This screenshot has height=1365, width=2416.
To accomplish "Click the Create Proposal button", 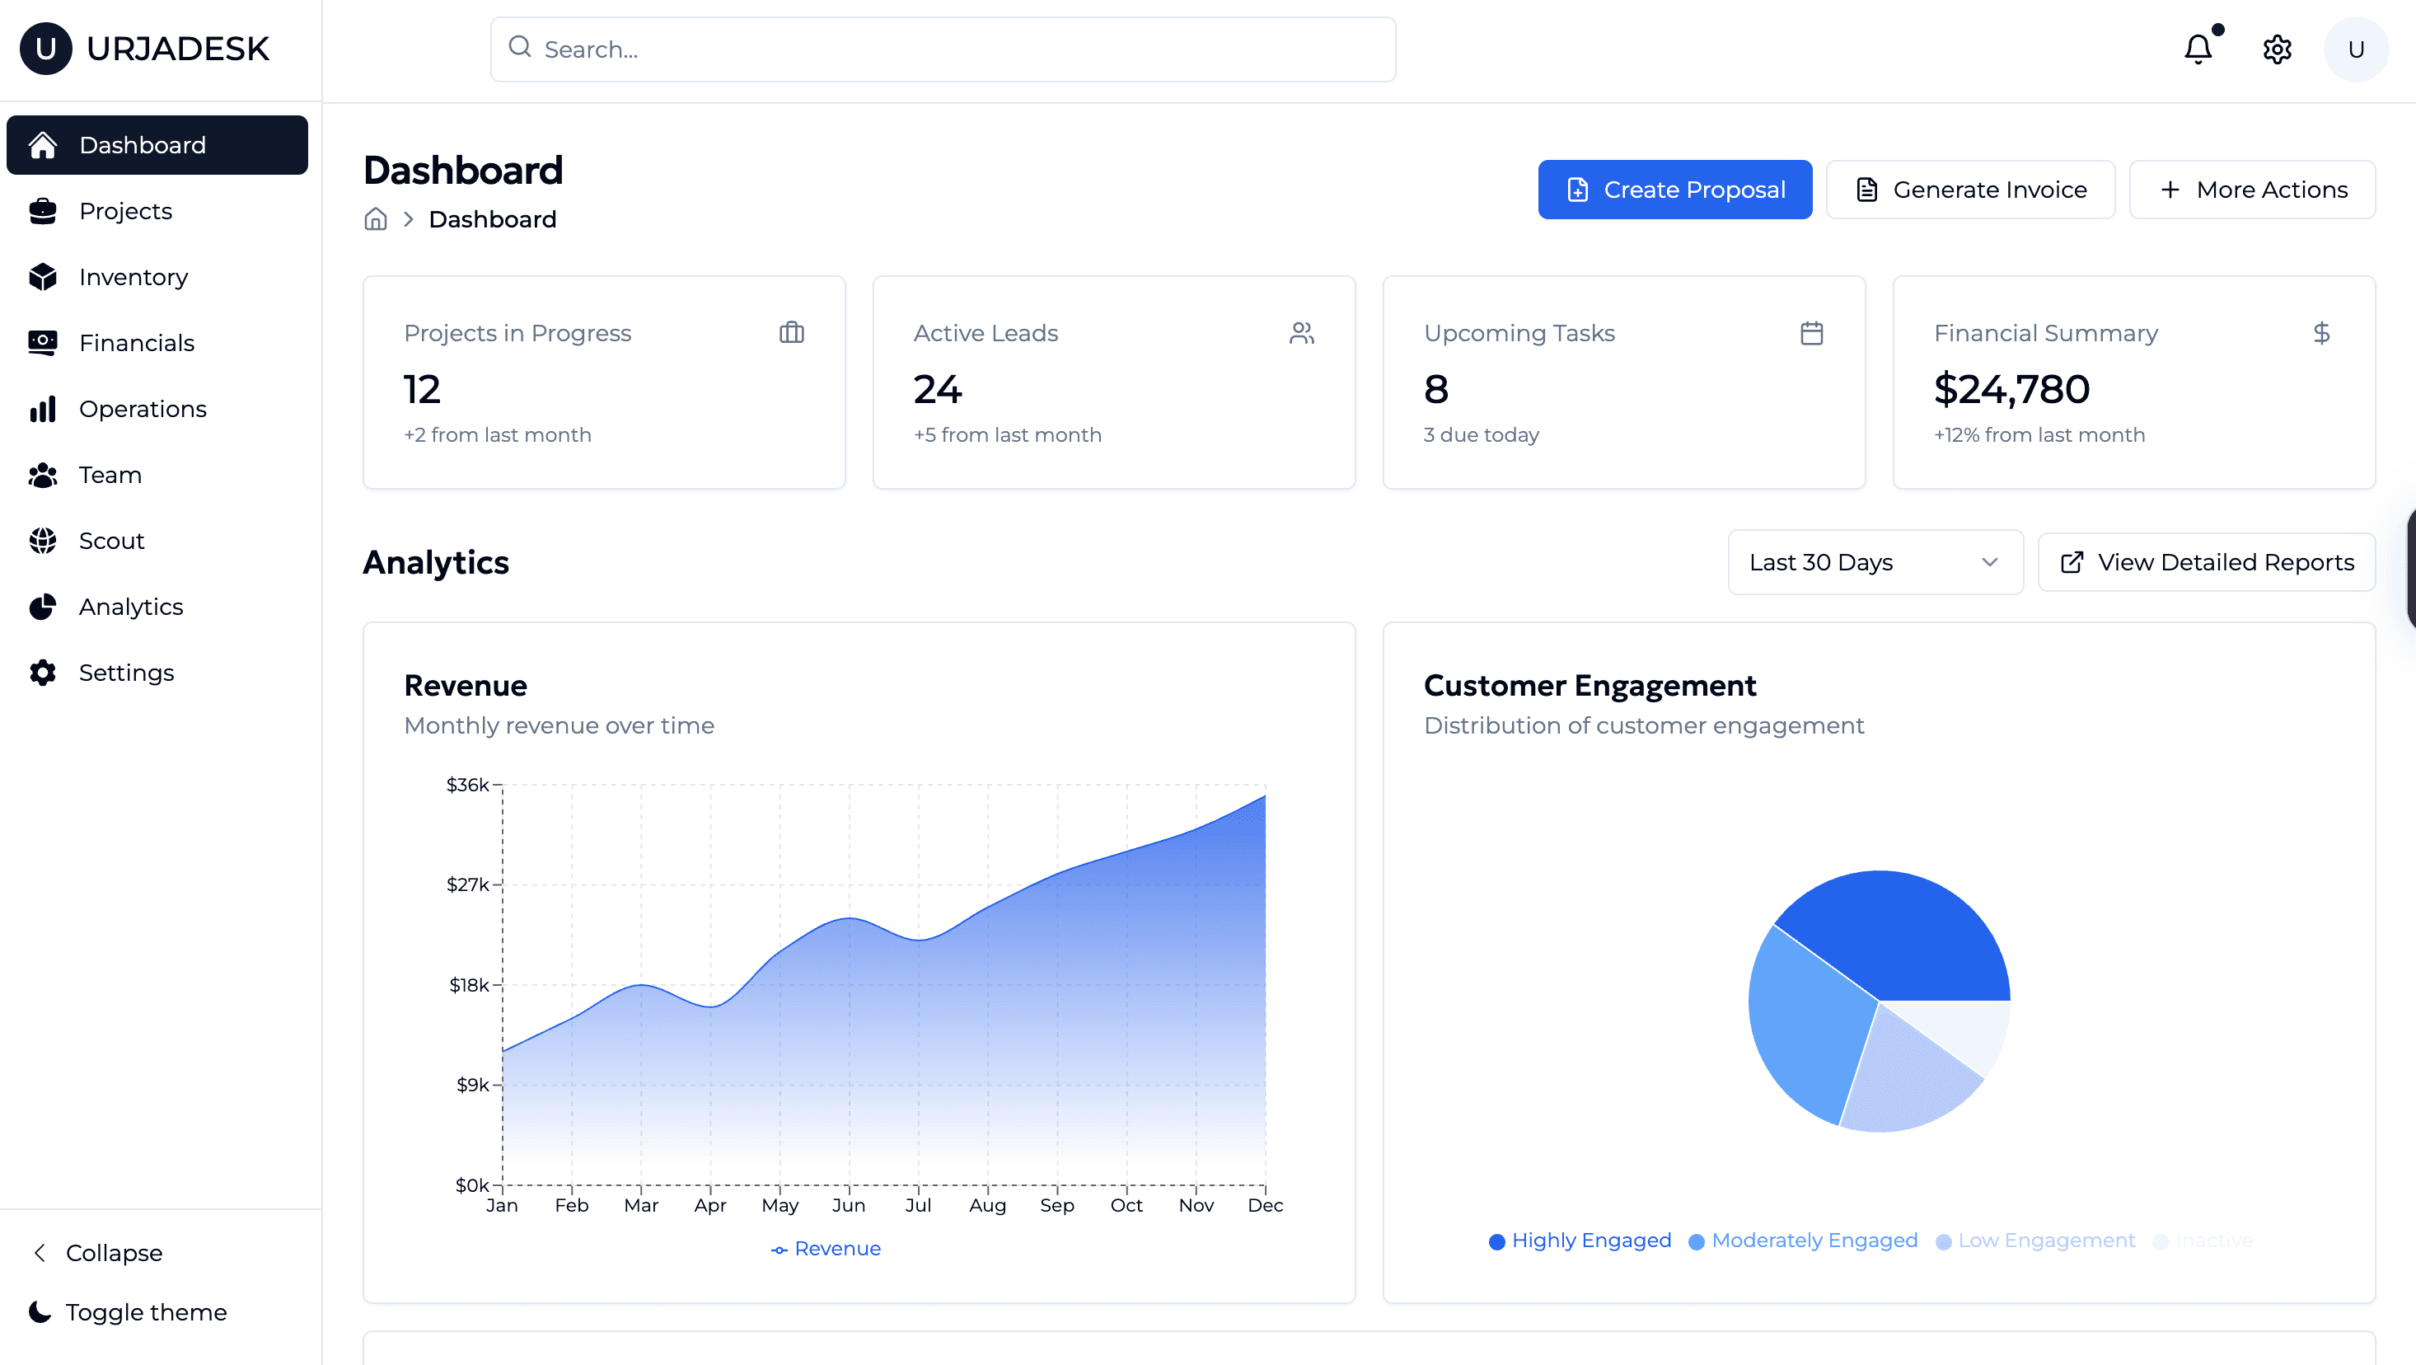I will click(x=1674, y=190).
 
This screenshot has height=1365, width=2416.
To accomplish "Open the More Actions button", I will click(x=2251, y=190).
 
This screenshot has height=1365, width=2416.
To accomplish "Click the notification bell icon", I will click(x=2198, y=49).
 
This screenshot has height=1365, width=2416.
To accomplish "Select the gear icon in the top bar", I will click(x=2276, y=49).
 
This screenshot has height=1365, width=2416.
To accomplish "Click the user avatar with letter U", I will click(x=2355, y=49).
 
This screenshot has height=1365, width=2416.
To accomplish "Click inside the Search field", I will click(x=943, y=49).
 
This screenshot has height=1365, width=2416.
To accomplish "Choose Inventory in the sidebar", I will click(x=133, y=277).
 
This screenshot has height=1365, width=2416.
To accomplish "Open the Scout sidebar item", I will click(x=111, y=541).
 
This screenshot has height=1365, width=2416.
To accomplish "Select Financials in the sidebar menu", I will click(x=137, y=342).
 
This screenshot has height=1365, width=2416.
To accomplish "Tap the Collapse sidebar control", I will click(x=113, y=1252).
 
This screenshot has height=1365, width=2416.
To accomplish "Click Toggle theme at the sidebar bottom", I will click(x=145, y=1311).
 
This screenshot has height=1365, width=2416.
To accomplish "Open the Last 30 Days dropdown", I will click(x=1875, y=562).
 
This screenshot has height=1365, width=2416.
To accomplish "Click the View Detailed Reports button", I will click(x=2206, y=562).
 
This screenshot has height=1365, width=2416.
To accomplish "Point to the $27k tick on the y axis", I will click(x=468, y=884).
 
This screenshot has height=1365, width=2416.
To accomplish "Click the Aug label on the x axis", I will click(x=986, y=1204).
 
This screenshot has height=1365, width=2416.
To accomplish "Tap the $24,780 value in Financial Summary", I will click(x=2011, y=389).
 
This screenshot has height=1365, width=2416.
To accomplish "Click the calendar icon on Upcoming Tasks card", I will click(x=1811, y=333).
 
